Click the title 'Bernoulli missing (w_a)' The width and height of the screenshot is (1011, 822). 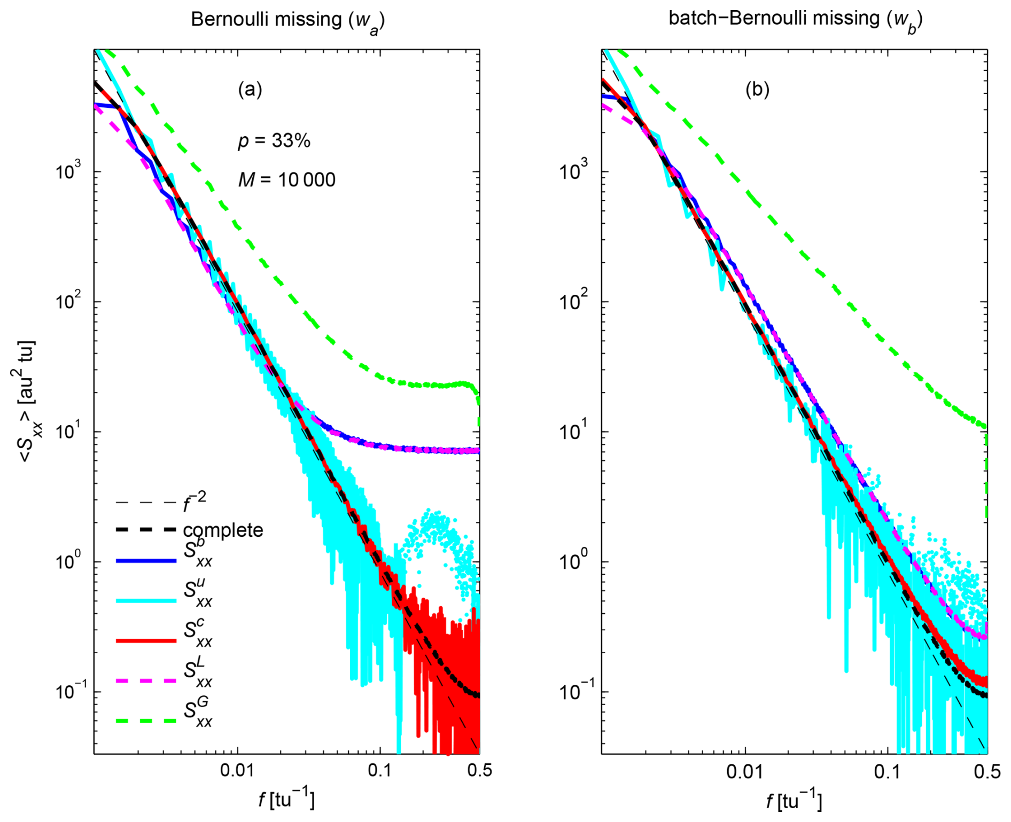click(287, 20)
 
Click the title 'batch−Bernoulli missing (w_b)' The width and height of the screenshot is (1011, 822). click(795, 19)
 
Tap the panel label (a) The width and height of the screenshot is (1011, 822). click(250, 89)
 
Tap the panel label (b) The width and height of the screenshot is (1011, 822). click(757, 89)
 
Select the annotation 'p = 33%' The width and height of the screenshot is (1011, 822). click(274, 141)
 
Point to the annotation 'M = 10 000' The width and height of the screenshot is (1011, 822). click(287, 180)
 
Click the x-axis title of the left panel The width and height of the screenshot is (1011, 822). click(287, 800)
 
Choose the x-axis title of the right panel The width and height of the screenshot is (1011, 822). click(794, 800)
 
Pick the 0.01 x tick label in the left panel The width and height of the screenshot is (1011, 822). click(237, 771)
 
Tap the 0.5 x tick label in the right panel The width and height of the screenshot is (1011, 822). click(987, 771)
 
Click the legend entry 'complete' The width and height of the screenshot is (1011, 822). click(223, 530)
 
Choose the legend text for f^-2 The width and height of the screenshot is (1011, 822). click(195, 502)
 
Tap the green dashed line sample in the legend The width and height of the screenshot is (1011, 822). click(146, 721)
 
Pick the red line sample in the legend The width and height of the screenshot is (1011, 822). click(146, 640)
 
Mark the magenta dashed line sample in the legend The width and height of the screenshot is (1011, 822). click(146, 680)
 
